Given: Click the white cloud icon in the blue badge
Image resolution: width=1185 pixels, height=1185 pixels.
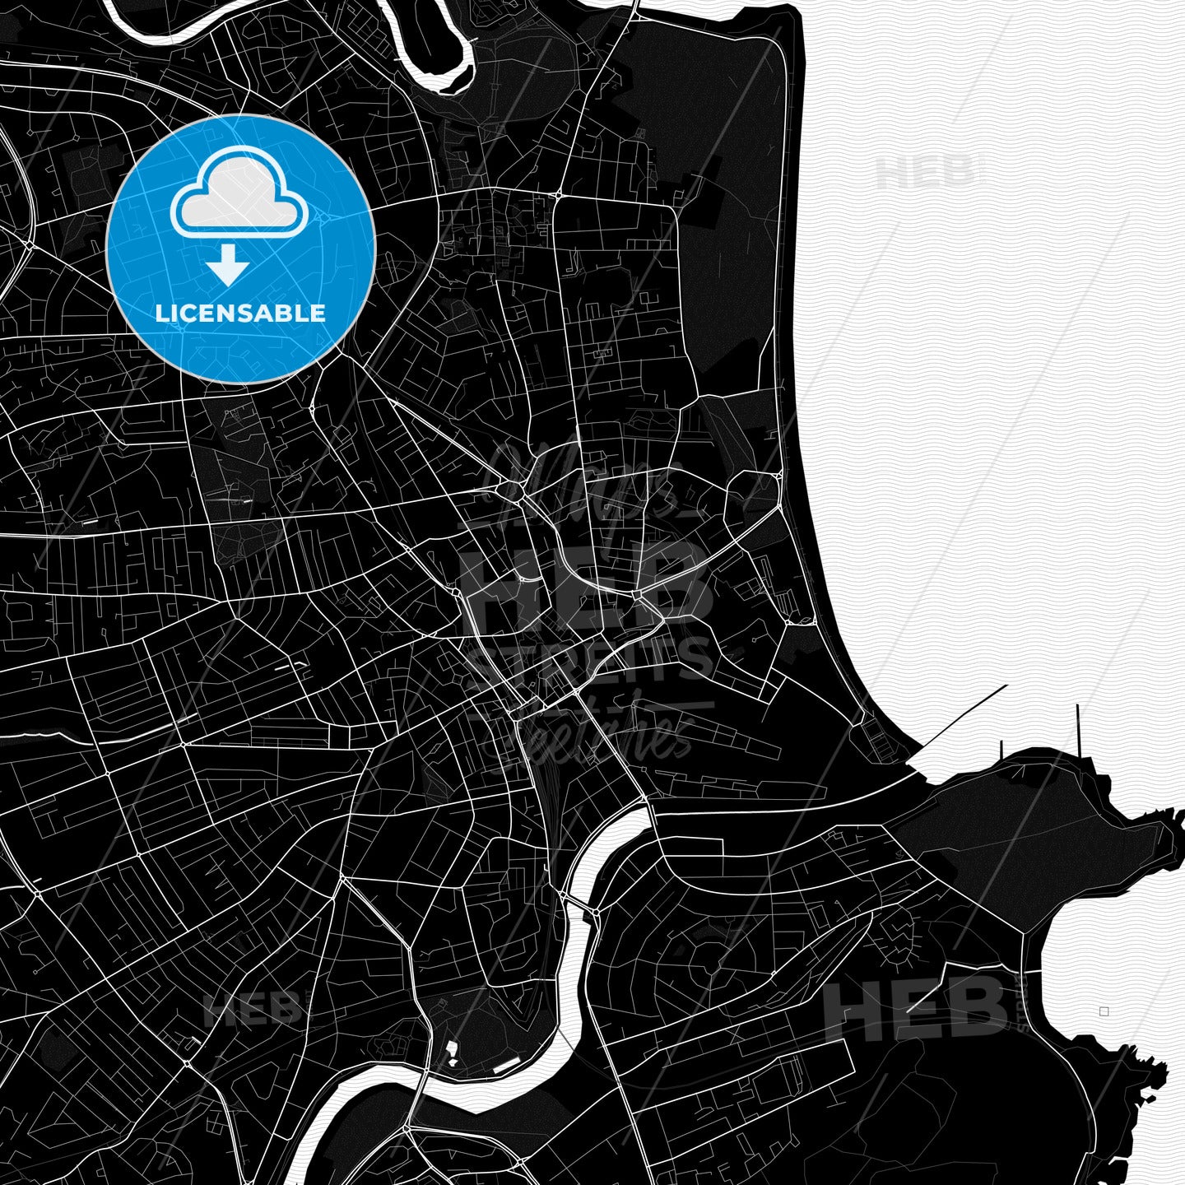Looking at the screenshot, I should [239, 193].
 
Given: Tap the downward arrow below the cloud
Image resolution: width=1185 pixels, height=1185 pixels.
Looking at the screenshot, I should [228, 266].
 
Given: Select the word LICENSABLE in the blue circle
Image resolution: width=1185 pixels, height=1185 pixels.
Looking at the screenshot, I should [241, 313].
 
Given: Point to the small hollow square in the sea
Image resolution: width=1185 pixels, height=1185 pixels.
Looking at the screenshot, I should [1104, 1011].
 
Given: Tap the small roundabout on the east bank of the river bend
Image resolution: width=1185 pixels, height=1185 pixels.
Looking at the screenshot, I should [593, 911].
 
